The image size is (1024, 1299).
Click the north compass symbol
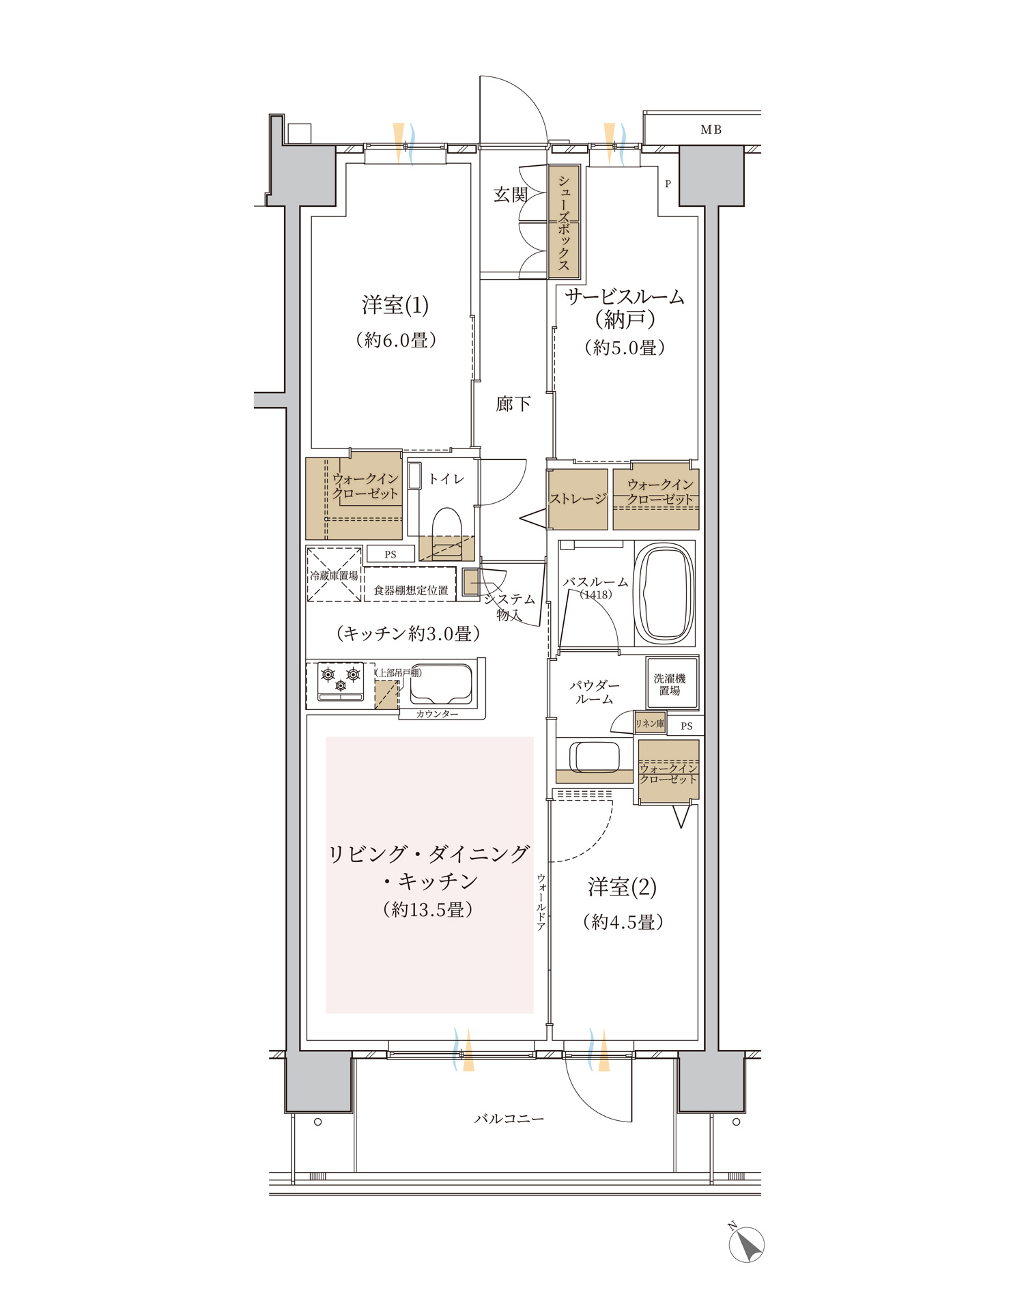(x=746, y=1244)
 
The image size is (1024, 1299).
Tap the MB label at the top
(x=711, y=130)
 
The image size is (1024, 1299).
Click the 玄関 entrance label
(x=511, y=195)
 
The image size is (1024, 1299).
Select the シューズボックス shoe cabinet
(x=565, y=222)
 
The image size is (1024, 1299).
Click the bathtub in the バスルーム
(x=664, y=593)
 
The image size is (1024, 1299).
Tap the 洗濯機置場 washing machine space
(x=672, y=683)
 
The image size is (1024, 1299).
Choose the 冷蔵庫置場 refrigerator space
(x=334, y=575)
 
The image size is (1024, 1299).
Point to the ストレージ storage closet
(x=578, y=499)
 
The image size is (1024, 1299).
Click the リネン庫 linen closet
(x=650, y=723)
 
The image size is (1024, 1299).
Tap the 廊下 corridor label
(x=513, y=404)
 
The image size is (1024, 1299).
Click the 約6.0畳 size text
(x=396, y=339)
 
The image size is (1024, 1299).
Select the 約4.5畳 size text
(x=623, y=922)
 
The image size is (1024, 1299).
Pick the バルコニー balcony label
(x=509, y=1119)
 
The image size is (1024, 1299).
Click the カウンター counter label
(x=437, y=714)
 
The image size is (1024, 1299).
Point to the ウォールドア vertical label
(x=541, y=902)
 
